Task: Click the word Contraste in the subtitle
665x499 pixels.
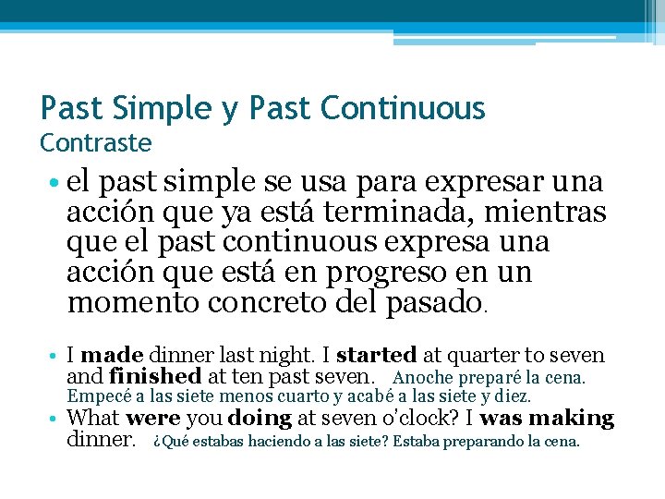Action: click(x=96, y=143)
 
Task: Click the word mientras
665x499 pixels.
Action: click(x=555, y=213)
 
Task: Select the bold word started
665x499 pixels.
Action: click(x=376, y=355)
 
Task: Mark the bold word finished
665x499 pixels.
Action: click(x=154, y=376)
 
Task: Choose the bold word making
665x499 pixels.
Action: click(x=574, y=418)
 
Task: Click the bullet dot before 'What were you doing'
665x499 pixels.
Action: click(x=56, y=419)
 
